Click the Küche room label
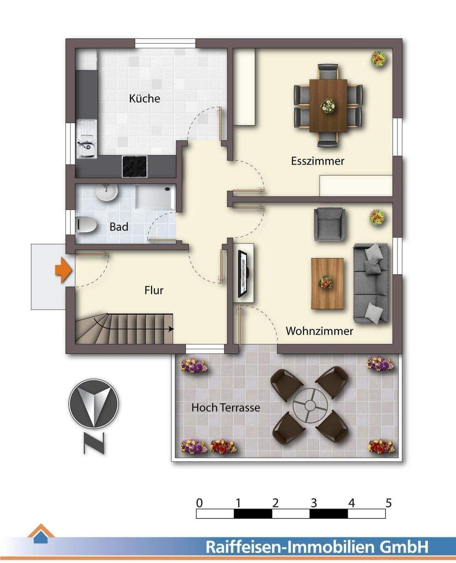click(145, 98)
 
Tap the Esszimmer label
click(317, 161)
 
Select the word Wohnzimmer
click(319, 331)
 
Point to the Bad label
click(119, 227)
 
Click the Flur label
click(154, 290)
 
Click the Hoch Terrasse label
click(225, 408)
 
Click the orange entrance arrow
click(63, 270)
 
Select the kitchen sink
click(87, 139)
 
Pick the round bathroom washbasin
click(106, 192)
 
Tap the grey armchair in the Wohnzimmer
click(329, 224)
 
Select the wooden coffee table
click(327, 283)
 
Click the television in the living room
click(244, 273)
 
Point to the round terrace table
click(311, 405)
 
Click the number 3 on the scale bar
click(313, 503)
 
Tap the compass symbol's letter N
click(94, 443)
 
